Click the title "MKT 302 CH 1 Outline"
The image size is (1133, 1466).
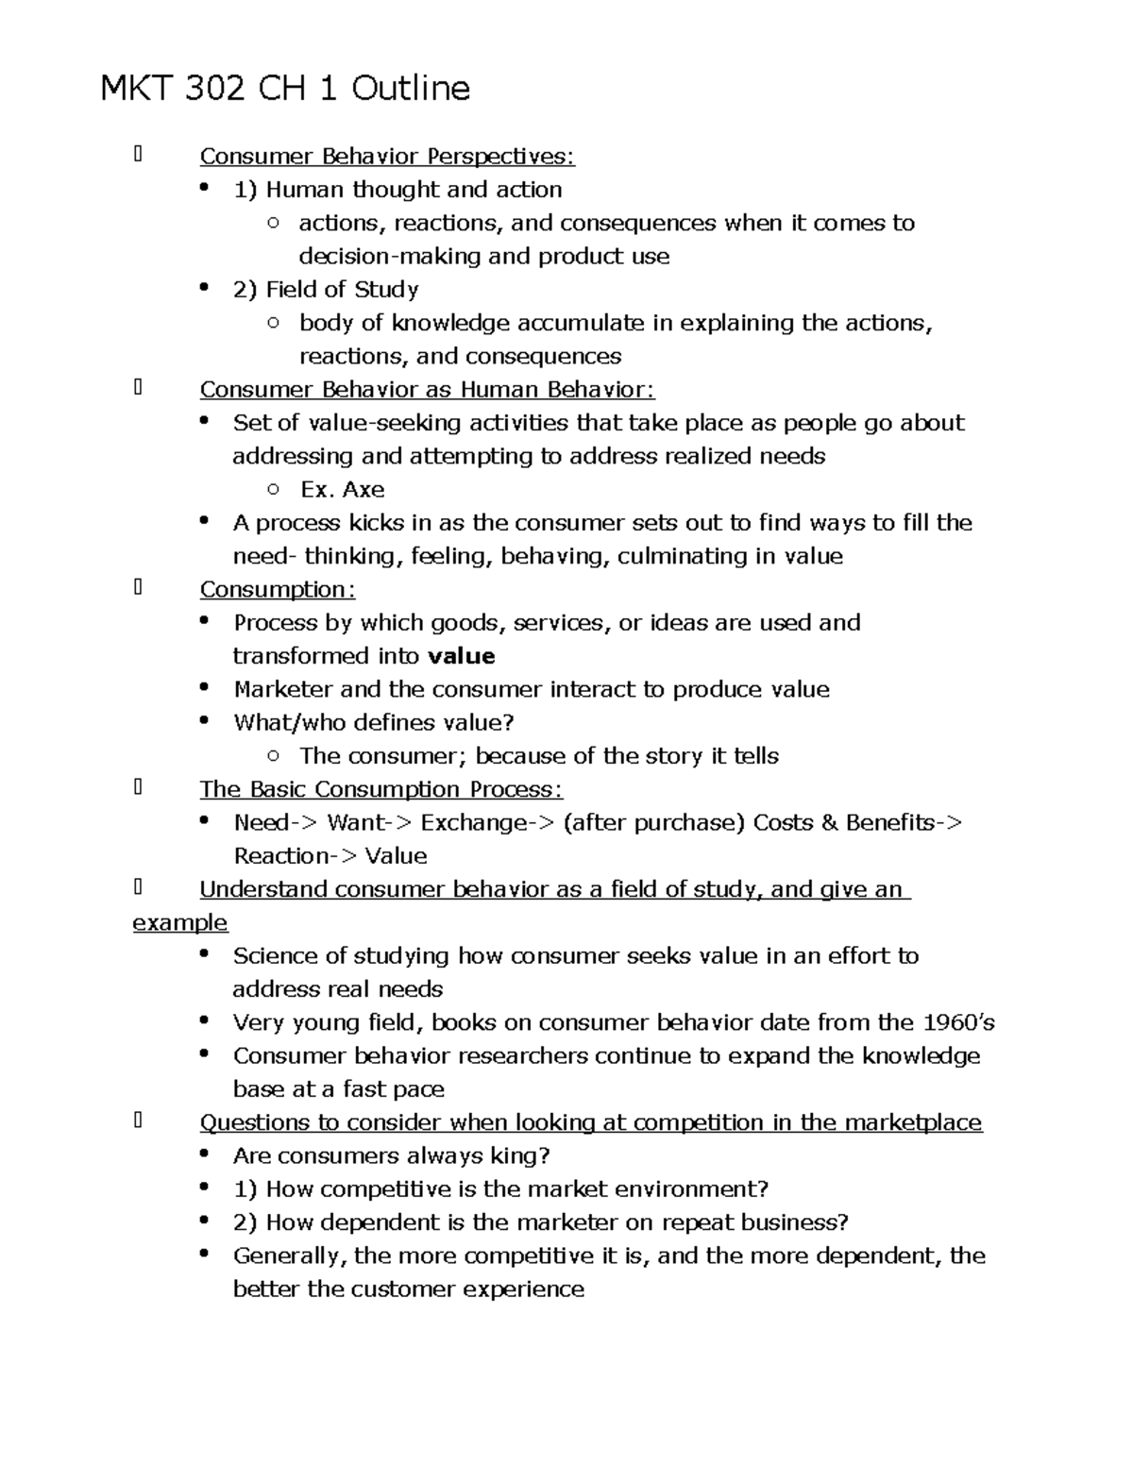[285, 89]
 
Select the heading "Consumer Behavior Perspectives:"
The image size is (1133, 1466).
[387, 156]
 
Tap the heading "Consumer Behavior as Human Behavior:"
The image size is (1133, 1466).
[427, 389]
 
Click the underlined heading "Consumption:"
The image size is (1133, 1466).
[278, 589]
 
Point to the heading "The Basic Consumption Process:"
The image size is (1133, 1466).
[381, 789]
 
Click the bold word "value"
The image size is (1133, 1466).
[462, 656]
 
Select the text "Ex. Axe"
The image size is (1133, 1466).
[342, 489]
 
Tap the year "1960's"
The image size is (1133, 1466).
[958, 1022]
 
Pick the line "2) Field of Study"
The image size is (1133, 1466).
[326, 289]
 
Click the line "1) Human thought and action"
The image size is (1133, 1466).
[397, 189]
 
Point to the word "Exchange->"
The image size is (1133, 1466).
[487, 822]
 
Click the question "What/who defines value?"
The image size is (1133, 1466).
[374, 722]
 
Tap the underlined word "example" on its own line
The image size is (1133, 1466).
[180, 922]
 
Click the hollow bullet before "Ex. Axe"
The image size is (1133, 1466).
[274, 489]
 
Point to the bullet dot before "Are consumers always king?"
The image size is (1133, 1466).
[205, 1154]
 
